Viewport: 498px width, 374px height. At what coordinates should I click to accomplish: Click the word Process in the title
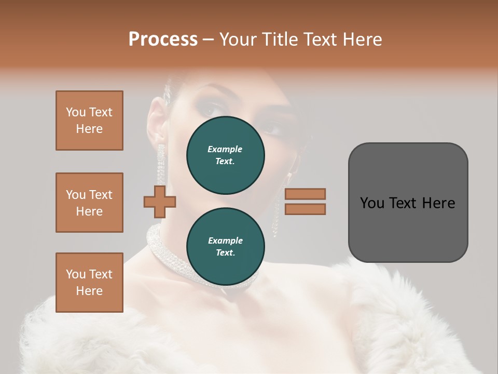(163, 39)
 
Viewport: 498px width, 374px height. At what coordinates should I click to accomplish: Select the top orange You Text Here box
(89, 121)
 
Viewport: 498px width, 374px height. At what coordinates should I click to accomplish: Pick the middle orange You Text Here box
(89, 203)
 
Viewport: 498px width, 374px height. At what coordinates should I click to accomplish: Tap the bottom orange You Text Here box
(89, 283)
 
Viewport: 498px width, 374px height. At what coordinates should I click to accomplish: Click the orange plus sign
(160, 202)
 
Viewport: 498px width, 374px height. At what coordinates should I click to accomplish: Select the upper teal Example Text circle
(225, 155)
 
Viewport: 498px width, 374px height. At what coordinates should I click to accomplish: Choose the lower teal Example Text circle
(225, 247)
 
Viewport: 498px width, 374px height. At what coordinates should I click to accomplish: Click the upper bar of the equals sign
(305, 194)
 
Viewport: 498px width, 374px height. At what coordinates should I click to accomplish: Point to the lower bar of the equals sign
(305, 209)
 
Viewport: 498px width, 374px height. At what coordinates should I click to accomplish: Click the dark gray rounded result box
(408, 229)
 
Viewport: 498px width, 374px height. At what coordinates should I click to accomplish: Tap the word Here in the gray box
(438, 203)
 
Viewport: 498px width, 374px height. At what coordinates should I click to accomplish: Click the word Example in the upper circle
(225, 150)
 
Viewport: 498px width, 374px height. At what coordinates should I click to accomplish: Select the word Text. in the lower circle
(225, 253)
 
